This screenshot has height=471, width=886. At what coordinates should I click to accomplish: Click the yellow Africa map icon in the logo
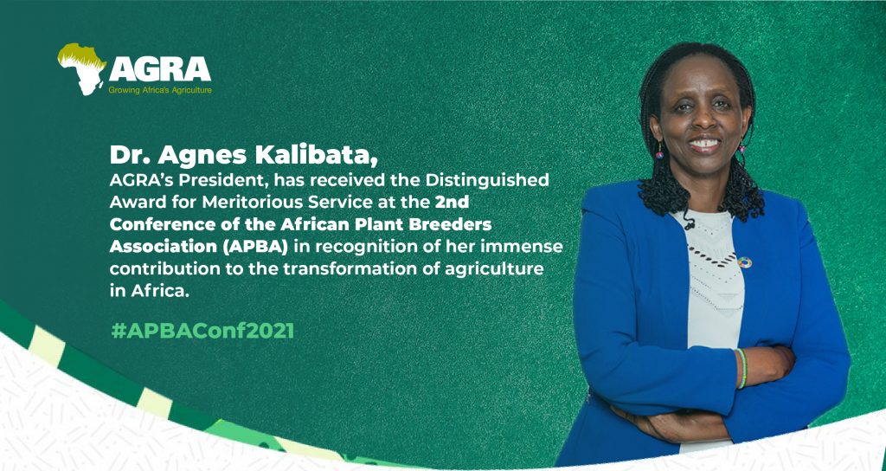[x=80, y=68]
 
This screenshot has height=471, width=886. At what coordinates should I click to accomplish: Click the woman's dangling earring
[x=658, y=152]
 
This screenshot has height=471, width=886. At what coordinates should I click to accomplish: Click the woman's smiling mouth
[x=703, y=142]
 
